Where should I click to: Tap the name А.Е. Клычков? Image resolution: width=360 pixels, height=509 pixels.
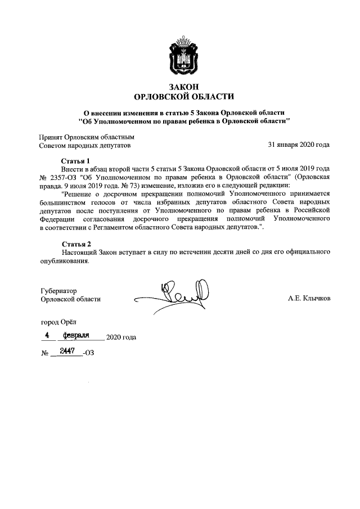pyautogui.click(x=309, y=299)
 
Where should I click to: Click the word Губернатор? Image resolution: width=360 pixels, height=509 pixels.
pyautogui.click(x=58, y=291)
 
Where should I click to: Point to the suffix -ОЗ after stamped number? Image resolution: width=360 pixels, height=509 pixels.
pyautogui.click(x=88, y=353)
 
